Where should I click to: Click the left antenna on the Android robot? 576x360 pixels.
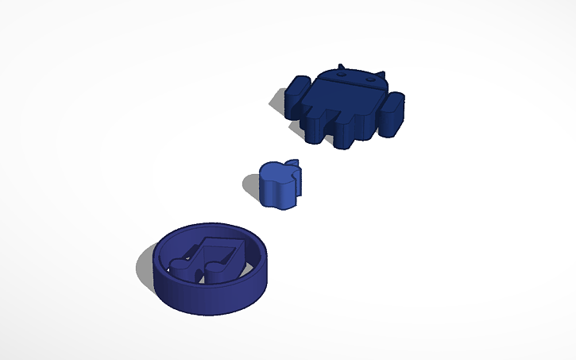340,67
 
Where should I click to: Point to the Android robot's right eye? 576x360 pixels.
369,79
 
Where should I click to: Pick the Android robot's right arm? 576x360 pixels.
395,111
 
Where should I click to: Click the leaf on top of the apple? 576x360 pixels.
292,163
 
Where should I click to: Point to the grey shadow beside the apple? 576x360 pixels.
250,186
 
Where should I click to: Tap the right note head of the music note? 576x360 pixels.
217,273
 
